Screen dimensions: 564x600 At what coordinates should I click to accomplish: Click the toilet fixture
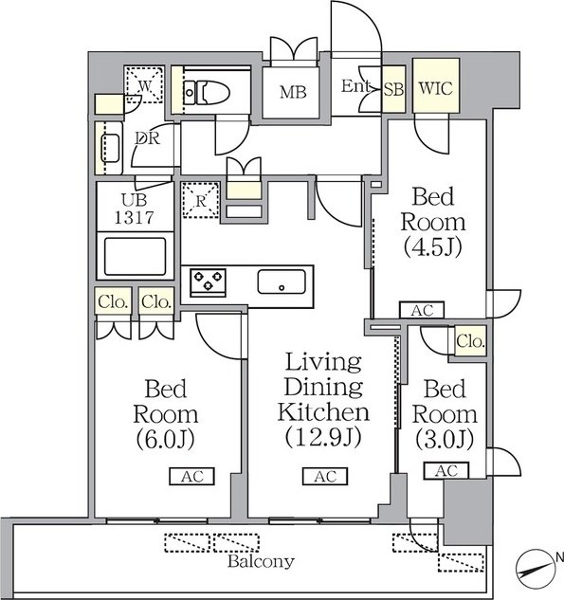(x=207, y=92)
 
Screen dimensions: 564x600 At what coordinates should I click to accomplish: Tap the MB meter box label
(x=293, y=92)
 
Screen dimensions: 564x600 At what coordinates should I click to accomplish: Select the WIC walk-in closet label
(x=436, y=88)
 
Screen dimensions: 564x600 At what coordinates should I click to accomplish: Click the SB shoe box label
(x=393, y=89)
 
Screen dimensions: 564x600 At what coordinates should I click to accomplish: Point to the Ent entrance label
(x=355, y=86)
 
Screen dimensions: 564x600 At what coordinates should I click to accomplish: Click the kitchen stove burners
(x=209, y=282)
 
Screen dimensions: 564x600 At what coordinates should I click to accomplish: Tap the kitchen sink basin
(x=282, y=282)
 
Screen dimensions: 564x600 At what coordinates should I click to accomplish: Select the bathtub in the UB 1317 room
(x=135, y=256)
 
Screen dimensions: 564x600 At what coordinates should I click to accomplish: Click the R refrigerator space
(x=201, y=201)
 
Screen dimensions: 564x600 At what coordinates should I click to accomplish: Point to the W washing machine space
(x=145, y=85)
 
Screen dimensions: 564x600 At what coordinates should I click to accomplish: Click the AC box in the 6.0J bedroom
(x=192, y=477)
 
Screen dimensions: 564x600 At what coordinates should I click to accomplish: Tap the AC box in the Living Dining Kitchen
(x=325, y=477)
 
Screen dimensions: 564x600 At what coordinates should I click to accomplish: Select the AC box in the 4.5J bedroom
(x=422, y=310)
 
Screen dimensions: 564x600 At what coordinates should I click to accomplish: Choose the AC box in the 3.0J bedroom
(x=446, y=471)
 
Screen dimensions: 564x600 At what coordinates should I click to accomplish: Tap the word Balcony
(x=261, y=561)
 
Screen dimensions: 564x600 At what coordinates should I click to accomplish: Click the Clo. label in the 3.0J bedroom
(x=471, y=340)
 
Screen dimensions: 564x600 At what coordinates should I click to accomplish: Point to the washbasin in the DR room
(x=109, y=148)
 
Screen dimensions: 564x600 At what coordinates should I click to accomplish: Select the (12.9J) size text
(x=323, y=437)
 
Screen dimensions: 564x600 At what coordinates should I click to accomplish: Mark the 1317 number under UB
(x=135, y=217)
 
